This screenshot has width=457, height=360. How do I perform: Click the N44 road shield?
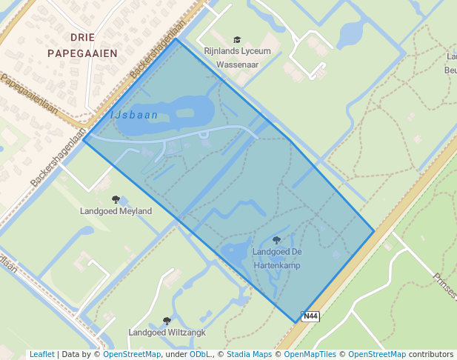(311, 316)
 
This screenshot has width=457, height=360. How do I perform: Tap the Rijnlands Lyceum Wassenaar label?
(237, 57)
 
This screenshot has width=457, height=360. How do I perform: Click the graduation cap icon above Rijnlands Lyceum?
(237, 40)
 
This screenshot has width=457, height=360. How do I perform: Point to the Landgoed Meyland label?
(116, 211)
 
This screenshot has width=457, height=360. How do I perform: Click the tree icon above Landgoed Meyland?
(116, 199)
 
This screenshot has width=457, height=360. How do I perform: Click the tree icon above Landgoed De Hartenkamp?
(276, 240)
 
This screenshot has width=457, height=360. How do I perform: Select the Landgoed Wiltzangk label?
(167, 333)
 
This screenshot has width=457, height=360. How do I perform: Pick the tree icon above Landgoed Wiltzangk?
(167, 321)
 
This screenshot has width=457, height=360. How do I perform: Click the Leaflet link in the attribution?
(41, 354)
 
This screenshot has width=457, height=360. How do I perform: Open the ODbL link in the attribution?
(199, 354)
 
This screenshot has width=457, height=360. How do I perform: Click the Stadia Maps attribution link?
(249, 354)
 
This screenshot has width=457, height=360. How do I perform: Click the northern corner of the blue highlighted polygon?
(176, 39)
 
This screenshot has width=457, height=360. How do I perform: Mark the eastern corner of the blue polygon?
(374, 232)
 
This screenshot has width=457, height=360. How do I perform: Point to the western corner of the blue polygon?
(84, 139)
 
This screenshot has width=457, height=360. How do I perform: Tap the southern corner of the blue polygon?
(296, 322)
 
